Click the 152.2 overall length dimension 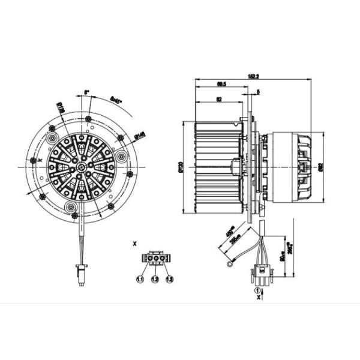(253, 77)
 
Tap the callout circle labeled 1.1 (140, 279)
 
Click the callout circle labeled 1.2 (155, 279)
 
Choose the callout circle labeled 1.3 (169, 279)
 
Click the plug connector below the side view (262, 277)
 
